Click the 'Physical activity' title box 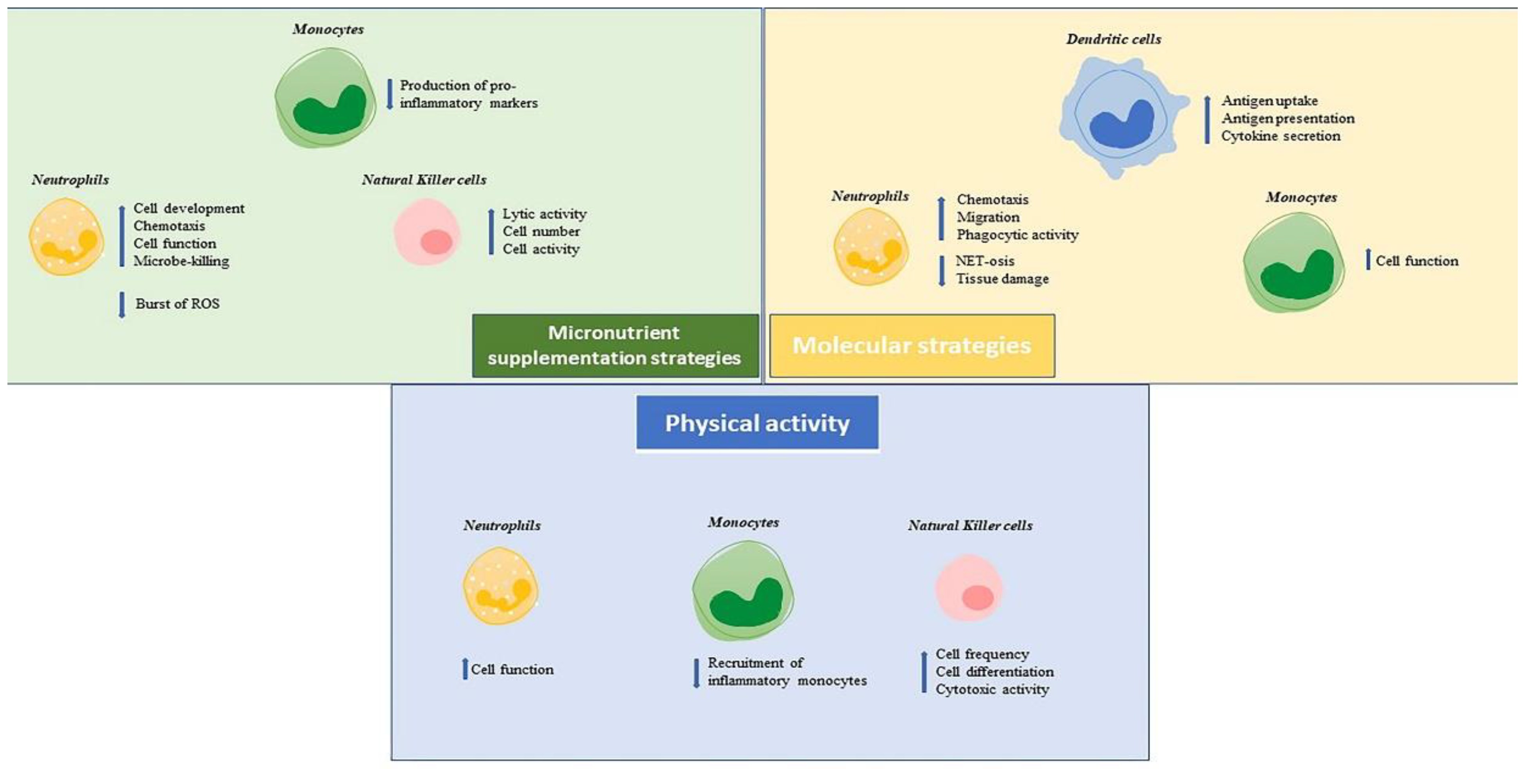pyautogui.click(x=757, y=423)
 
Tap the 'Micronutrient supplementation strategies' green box pyautogui.click(x=615, y=345)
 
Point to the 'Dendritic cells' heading pyautogui.click(x=1113, y=39)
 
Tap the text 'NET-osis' pyautogui.click(x=984, y=261)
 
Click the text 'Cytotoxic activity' pyautogui.click(x=992, y=690)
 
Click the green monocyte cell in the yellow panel pyautogui.click(x=1294, y=264)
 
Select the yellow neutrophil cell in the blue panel pyautogui.click(x=500, y=586)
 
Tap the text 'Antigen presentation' pyautogui.click(x=1288, y=119)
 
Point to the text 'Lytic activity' pyautogui.click(x=544, y=214)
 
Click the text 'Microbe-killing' pyautogui.click(x=181, y=261)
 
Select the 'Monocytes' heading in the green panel pyautogui.click(x=328, y=29)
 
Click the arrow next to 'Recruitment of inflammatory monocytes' pyautogui.click(x=696, y=672)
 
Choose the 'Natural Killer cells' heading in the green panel pyautogui.click(x=424, y=179)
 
